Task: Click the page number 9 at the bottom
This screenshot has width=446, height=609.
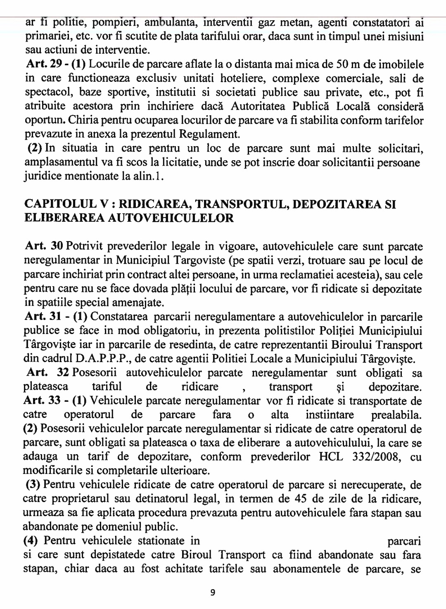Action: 213,592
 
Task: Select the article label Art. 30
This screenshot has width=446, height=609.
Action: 43,246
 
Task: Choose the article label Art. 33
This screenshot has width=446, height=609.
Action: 39,400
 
